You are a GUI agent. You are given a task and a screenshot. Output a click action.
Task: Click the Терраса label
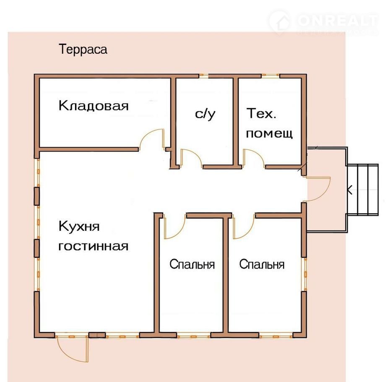click(x=83, y=49)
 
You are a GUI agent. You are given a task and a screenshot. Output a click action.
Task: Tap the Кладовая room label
click(x=94, y=106)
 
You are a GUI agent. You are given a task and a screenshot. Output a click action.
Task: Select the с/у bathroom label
click(x=205, y=114)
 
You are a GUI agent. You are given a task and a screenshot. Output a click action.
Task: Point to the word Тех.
click(x=261, y=113)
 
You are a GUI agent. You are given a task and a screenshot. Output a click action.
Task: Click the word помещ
click(x=269, y=133)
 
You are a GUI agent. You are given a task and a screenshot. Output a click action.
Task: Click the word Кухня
click(x=79, y=227)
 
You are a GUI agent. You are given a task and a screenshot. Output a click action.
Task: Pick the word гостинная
click(x=93, y=246)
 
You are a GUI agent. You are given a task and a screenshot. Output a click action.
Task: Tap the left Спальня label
click(x=192, y=264)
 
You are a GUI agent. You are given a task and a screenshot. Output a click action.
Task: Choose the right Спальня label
click(x=262, y=264)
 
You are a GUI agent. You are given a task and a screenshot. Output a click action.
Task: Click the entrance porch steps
click(x=363, y=189)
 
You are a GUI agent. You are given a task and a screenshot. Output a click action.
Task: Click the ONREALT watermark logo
click(x=323, y=22)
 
